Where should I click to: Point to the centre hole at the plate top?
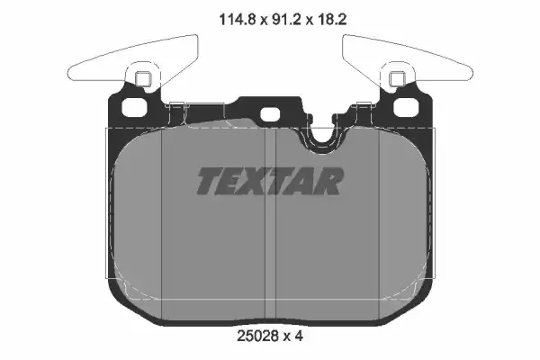click(270, 114)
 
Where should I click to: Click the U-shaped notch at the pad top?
click(320, 137)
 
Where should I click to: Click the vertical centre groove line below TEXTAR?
click(271, 261)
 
